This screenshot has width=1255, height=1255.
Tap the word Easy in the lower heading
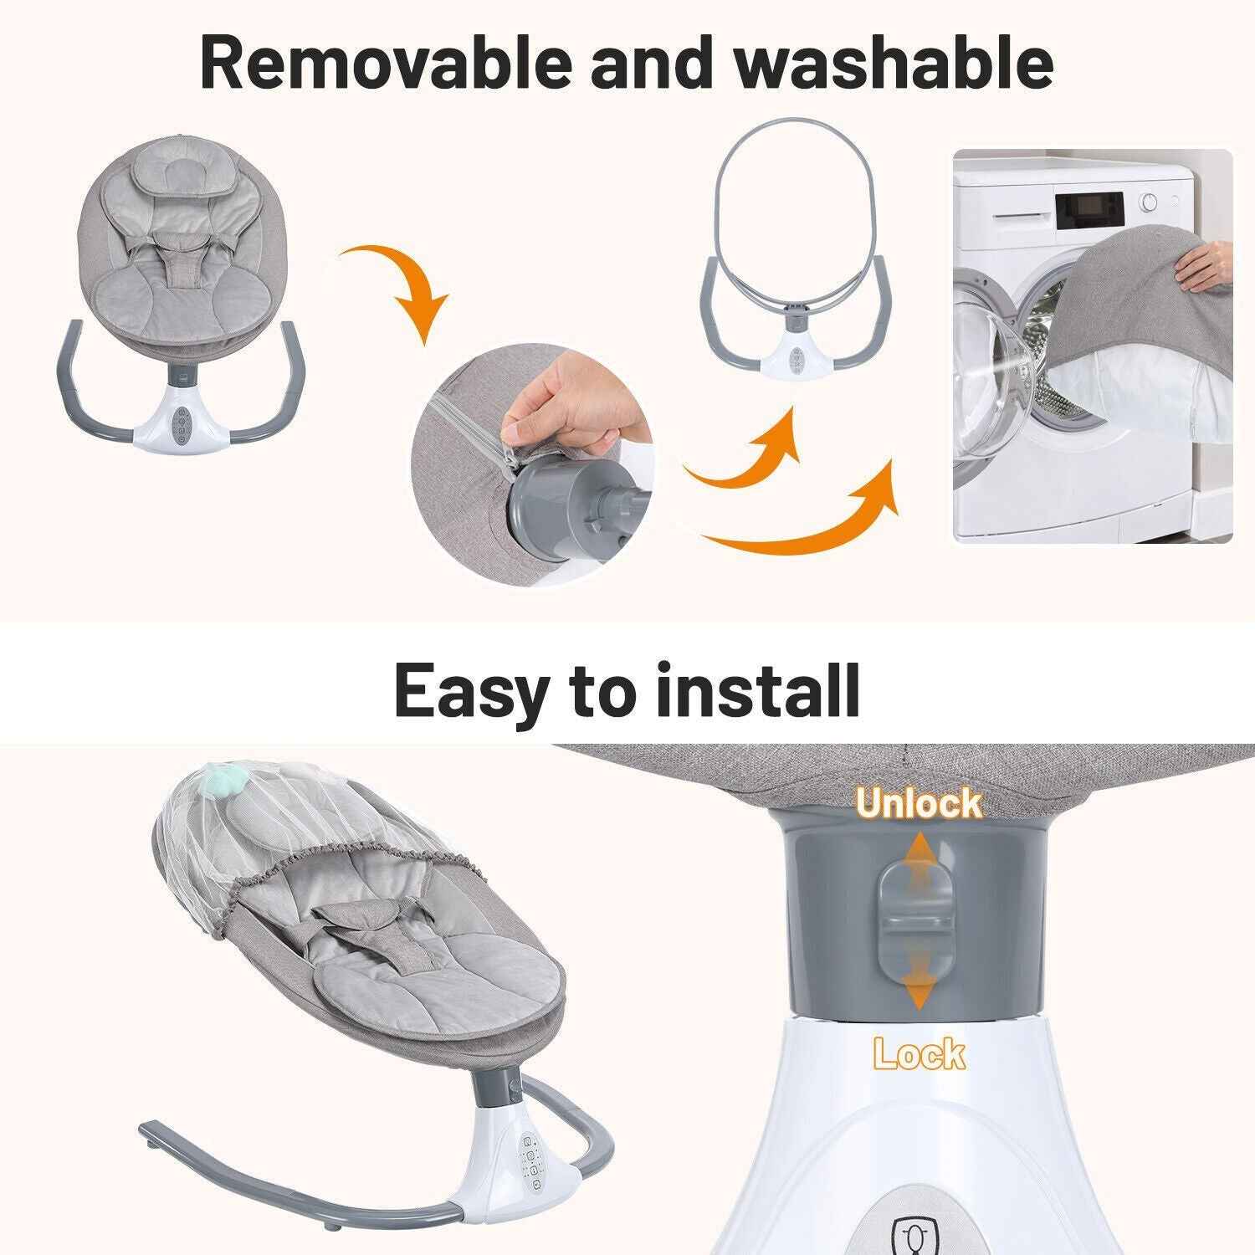(x=470, y=690)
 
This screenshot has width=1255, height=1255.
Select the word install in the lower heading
(x=758, y=690)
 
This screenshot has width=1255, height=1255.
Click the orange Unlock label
(x=919, y=803)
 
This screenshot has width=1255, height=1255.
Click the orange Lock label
(x=919, y=1053)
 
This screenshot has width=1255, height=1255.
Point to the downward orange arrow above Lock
(x=919, y=987)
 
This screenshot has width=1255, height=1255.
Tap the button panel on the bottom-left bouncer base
(x=530, y=1159)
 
